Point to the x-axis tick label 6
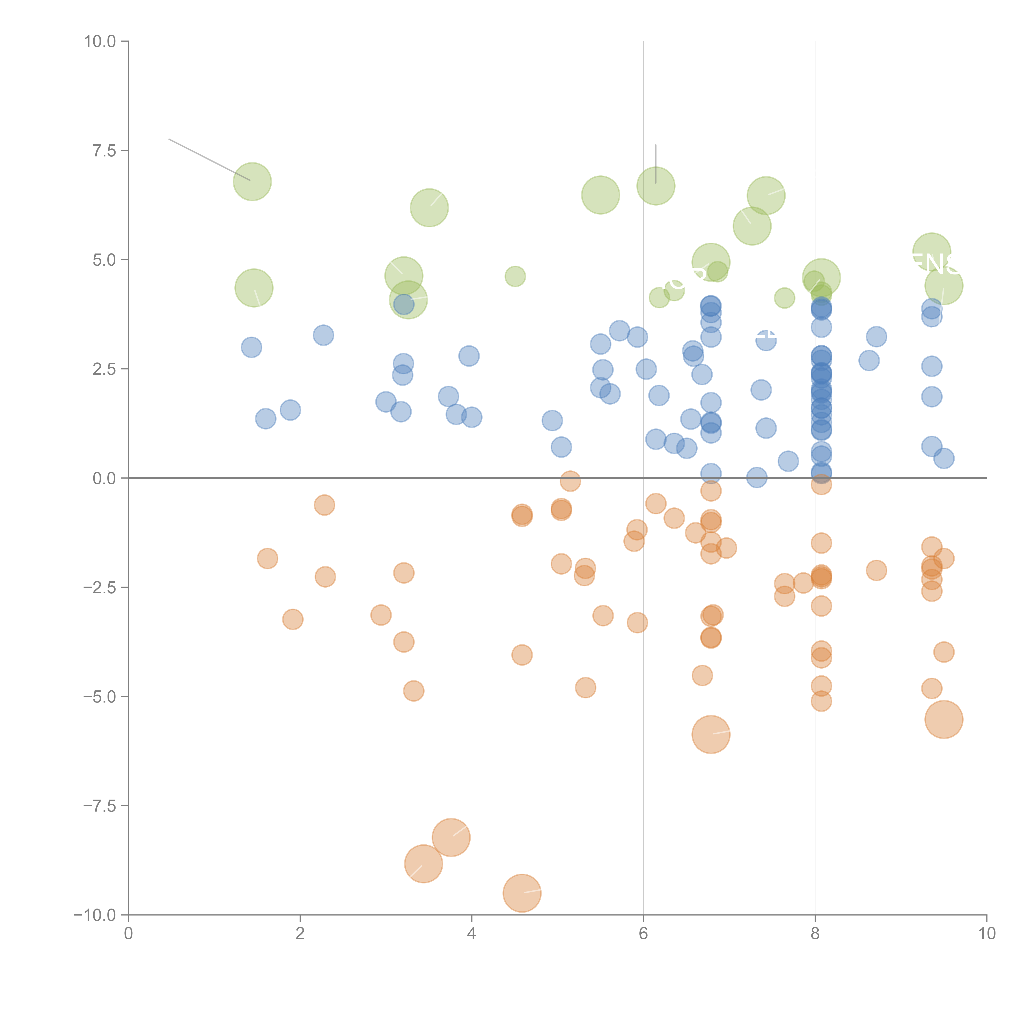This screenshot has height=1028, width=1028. tap(643, 934)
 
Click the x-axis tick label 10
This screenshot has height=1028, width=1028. tap(986, 934)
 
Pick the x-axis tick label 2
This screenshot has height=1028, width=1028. tap(300, 934)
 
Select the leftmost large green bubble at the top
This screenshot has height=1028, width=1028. tap(252, 182)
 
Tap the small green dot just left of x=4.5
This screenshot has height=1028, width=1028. tap(515, 276)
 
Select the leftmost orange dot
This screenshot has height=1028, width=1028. tap(267, 558)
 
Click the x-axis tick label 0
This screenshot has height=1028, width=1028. tap(128, 934)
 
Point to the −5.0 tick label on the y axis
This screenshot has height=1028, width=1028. tap(99, 697)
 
